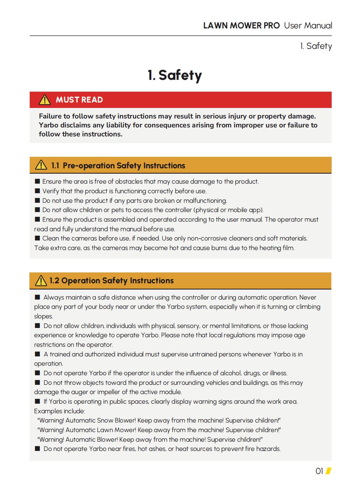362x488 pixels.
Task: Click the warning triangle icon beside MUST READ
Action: click(x=45, y=100)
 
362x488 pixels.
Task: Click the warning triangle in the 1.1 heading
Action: click(x=41, y=165)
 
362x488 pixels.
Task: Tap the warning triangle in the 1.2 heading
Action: click(x=41, y=281)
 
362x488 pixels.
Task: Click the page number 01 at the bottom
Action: click(x=319, y=471)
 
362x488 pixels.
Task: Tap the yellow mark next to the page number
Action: click(x=328, y=471)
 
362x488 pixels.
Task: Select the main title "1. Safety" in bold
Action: click(x=175, y=75)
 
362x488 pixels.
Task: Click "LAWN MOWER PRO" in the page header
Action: click(x=241, y=26)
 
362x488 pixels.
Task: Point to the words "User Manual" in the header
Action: click(x=308, y=26)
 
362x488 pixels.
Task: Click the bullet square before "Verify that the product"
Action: click(x=38, y=191)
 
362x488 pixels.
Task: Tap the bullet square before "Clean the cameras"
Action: click(x=38, y=238)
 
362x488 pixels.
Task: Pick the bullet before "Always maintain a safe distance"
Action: click(x=38, y=297)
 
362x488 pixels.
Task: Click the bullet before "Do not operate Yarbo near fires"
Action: click(x=38, y=449)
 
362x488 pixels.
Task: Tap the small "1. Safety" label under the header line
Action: click(x=316, y=46)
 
